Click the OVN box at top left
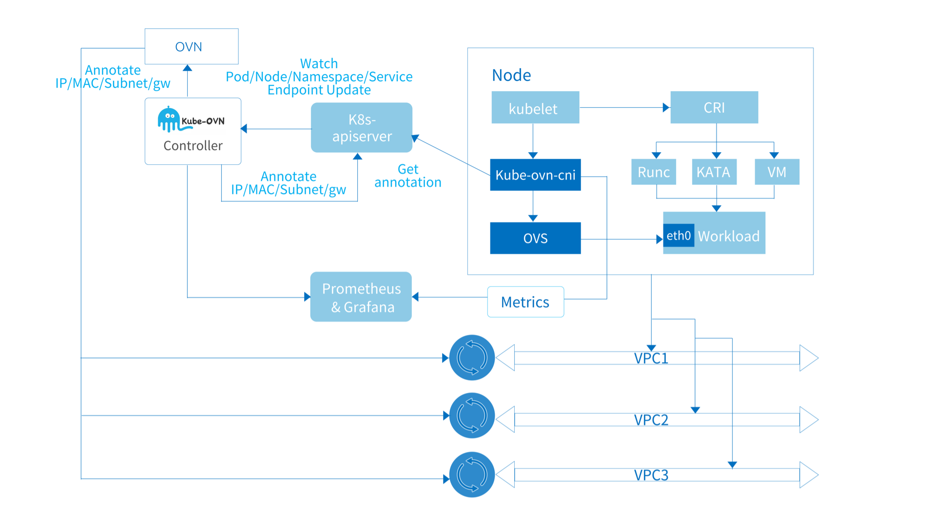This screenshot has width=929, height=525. [191, 46]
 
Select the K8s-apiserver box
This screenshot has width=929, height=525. [362, 128]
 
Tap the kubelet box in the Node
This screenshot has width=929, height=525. [535, 108]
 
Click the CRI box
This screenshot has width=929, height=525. [714, 107]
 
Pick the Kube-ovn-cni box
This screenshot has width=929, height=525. [535, 175]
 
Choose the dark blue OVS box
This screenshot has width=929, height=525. [535, 238]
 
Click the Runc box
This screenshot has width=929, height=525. [653, 172]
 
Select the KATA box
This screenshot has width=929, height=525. [714, 172]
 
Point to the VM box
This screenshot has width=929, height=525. [776, 172]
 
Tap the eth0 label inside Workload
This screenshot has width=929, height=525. [678, 235]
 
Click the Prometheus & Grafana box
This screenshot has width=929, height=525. [361, 297]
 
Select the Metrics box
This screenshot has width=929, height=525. [525, 302]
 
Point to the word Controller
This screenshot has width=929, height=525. [193, 145]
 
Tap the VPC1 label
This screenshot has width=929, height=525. [651, 358]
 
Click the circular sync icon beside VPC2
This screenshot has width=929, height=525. [472, 415]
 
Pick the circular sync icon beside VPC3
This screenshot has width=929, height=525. [472, 474]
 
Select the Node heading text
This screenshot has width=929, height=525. [511, 75]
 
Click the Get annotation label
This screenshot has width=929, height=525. [407, 175]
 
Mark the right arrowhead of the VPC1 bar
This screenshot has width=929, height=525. [809, 358]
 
